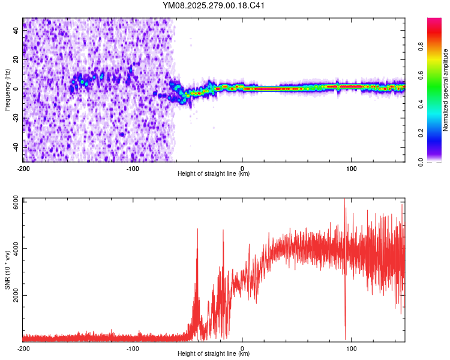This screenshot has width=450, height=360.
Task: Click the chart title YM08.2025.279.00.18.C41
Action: [214, 6]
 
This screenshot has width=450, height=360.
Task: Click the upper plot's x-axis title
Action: [214, 174]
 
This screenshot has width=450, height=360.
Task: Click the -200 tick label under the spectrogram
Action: [23, 168]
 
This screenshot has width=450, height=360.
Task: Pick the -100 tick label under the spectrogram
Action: [133, 168]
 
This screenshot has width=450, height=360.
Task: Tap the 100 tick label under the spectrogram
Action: [352, 168]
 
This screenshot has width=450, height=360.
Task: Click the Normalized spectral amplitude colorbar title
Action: [446, 90]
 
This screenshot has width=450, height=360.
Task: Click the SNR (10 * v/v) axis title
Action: [8, 270]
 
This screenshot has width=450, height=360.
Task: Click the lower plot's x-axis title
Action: [214, 354]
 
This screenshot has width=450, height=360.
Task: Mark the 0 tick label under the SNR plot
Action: [242, 348]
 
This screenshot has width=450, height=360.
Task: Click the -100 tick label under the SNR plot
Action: [133, 348]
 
